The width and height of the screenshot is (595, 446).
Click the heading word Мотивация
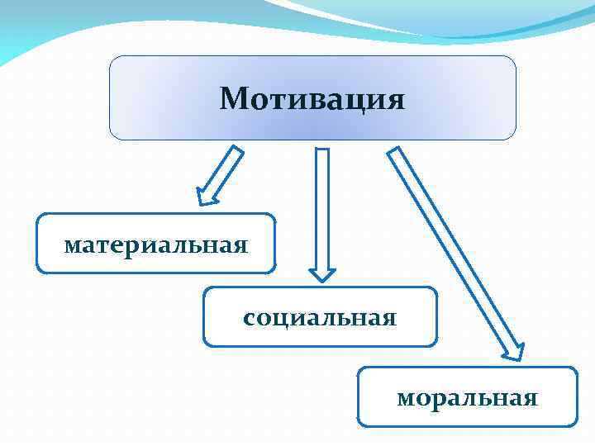pos(312,100)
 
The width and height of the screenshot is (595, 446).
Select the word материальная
pos(156,244)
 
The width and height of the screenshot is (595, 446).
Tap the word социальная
pos(320,317)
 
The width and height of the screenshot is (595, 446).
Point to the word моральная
pos(467,398)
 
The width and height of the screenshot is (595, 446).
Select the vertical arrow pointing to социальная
pos(322,211)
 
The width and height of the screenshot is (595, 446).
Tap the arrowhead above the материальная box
pos(207,195)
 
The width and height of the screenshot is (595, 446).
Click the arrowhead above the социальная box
pos(322,273)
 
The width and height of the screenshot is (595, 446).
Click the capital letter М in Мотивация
pos(232,100)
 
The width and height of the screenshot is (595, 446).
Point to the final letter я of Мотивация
pos(396,102)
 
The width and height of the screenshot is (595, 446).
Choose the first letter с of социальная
pos(249,318)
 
